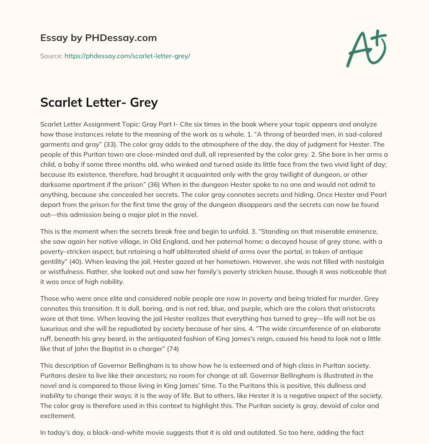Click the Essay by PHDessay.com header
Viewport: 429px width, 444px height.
98,38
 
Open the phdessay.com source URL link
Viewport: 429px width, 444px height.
127,56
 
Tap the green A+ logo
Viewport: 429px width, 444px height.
366,49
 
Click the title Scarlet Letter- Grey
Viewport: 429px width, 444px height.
99,103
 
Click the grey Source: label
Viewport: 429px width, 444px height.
52,56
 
